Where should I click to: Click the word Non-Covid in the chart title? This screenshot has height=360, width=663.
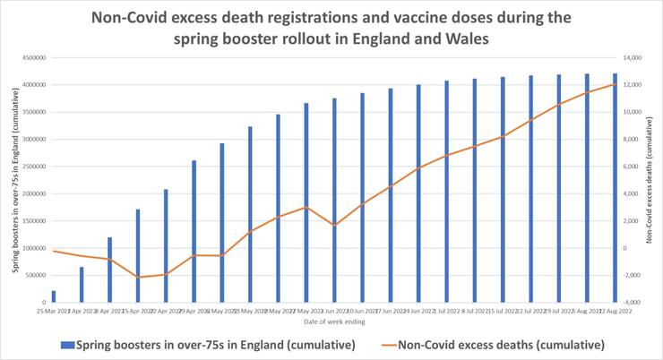coord(148,17)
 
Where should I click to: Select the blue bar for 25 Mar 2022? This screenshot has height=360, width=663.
coord(54,296)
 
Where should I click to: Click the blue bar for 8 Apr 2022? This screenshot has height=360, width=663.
coord(109,270)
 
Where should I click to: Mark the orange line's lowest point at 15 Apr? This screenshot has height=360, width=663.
coord(138,278)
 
